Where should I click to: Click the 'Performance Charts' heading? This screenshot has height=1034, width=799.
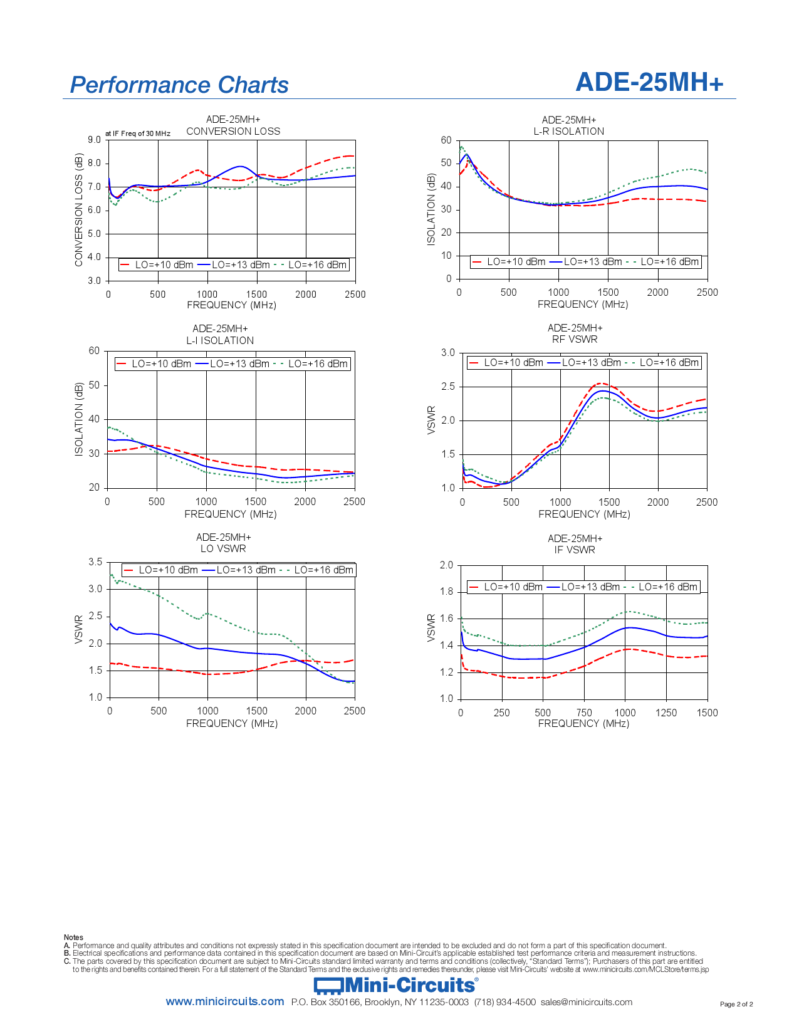click(x=179, y=85)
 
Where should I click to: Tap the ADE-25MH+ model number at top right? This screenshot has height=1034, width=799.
click(x=649, y=82)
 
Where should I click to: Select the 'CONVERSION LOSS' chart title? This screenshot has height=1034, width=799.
click(x=233, y=132)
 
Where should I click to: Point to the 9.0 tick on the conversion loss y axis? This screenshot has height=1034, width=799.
click(x=94, y=140)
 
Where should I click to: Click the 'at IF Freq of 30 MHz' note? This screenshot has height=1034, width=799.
click(x=138, y=133)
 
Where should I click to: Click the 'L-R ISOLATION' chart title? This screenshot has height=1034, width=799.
click(x=569, y=132)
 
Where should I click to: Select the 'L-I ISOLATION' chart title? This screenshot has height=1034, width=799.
click(x=220, y=341)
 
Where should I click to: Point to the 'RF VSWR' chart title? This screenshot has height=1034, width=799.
click(x=575, y=340)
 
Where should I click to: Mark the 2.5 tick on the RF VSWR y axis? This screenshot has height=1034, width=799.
click(x=448, y=387)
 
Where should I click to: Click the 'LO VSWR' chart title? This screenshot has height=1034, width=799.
click(x=223, y=549)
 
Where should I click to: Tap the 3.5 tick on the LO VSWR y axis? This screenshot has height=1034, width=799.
click(x=95, y=562)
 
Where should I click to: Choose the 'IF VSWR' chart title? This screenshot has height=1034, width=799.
click(x=575, y=550)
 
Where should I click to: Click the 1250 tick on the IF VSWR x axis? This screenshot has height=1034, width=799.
click(x=666, y=713)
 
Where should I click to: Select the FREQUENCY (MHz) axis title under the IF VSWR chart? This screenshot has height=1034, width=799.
click(x=583, y=724)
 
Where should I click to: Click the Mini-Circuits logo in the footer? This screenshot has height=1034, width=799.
click(x=396, y=986)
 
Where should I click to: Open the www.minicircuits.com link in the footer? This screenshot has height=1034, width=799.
click(x=225, y=1002)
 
